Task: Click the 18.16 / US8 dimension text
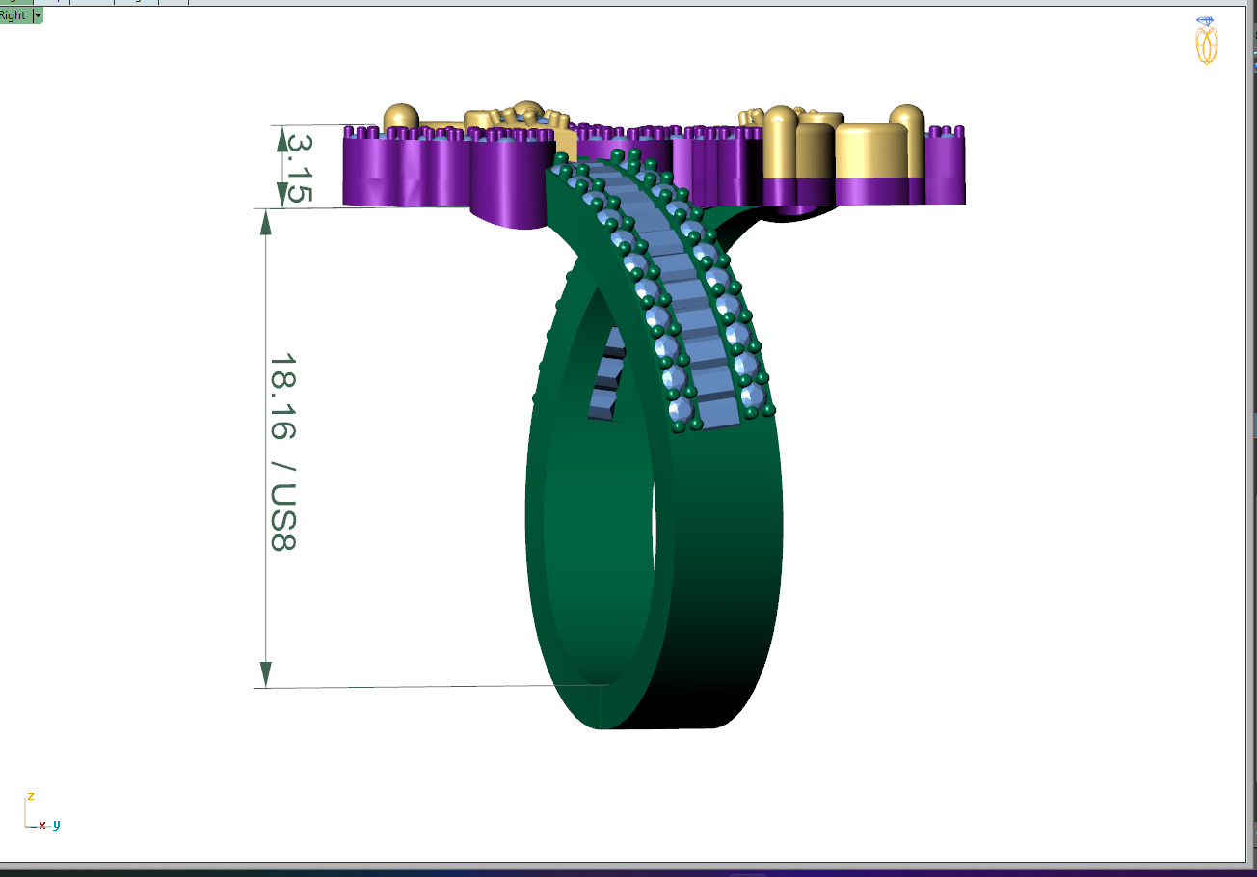pyautogui.click(x=282, y=452)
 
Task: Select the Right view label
pyautogui.click(x=13, y=15)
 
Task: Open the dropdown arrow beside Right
pyautogui.click(x=38, y=15)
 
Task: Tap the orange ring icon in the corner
pyautogui.click(x=1206, y=41)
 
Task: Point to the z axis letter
pyautogui.click(x=31, y=796)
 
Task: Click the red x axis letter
pyautogui.click(x=42, y=826)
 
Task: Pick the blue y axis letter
pyautogui.click(x=56, y=825)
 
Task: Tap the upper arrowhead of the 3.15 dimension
pyautogui.click(x=281, y=138)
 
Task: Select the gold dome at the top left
pyautogui.click(x=401, y=118)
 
